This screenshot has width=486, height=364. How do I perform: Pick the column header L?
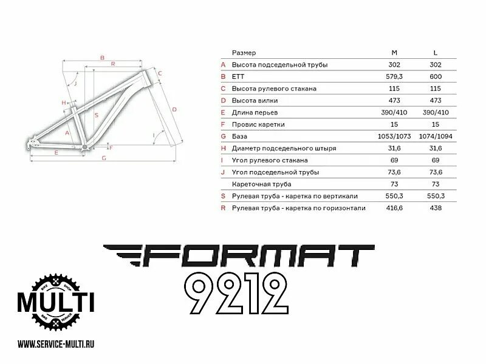tap(435, 53)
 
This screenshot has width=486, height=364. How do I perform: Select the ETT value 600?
tap(435, 76)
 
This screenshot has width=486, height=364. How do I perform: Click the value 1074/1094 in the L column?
tap(435, 136)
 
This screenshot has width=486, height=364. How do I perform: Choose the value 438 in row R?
tap(435, 208)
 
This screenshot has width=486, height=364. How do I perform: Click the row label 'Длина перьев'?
tap(257, 112)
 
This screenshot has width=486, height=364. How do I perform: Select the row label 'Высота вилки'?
tap(257, 100)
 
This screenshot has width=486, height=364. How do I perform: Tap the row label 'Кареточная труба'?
tap(262, 184)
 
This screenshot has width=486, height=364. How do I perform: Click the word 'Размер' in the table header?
tap(244, 53)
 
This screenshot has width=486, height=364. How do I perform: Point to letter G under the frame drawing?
tap(104, 158)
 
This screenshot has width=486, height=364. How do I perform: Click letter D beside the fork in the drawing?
tap(174, 109)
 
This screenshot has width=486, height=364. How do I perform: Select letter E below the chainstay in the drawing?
tap(56, 152)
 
